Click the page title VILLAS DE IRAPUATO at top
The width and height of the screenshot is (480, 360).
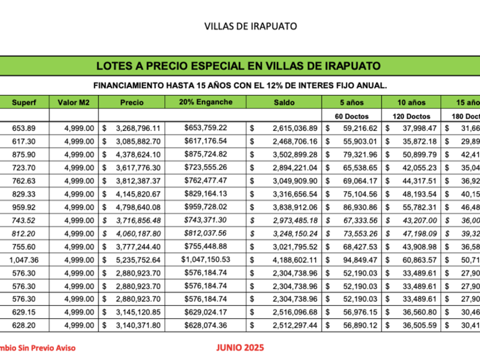point(250,26)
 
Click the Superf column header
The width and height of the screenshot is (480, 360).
point(23,103)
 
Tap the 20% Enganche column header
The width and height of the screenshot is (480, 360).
point(206,103)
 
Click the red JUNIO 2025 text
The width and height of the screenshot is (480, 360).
point(241,347)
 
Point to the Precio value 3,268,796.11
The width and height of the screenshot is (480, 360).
point(137,127)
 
